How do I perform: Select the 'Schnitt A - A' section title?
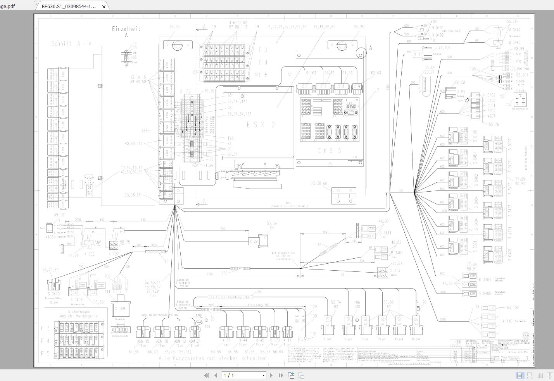coord(72,44)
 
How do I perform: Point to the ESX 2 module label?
coord(261,125)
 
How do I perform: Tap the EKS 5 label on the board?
coord(330,151)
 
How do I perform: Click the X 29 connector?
coord(254,241)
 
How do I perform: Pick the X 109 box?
coord(120,309)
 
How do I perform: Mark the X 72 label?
coord(185,91)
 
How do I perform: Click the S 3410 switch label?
coord(53,294)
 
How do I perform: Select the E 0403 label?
coord(76,299)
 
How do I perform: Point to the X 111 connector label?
coord(419,54)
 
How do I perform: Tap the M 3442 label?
coord(514,30)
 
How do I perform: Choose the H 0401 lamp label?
coord(438,27)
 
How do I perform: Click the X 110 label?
coord(507,321)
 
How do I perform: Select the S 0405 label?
coord(485,293)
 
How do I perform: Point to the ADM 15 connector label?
coord(143,341)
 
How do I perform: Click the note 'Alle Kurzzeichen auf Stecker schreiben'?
coord(212,359)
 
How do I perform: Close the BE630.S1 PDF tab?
coord(104,7)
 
